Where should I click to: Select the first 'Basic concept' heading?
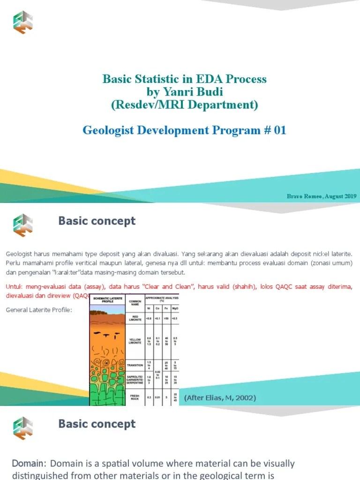pos(97,221)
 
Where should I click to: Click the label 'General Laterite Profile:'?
pos(39,310)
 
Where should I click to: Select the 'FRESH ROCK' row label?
pos(134,397)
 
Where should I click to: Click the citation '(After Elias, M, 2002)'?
pos(220,398)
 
